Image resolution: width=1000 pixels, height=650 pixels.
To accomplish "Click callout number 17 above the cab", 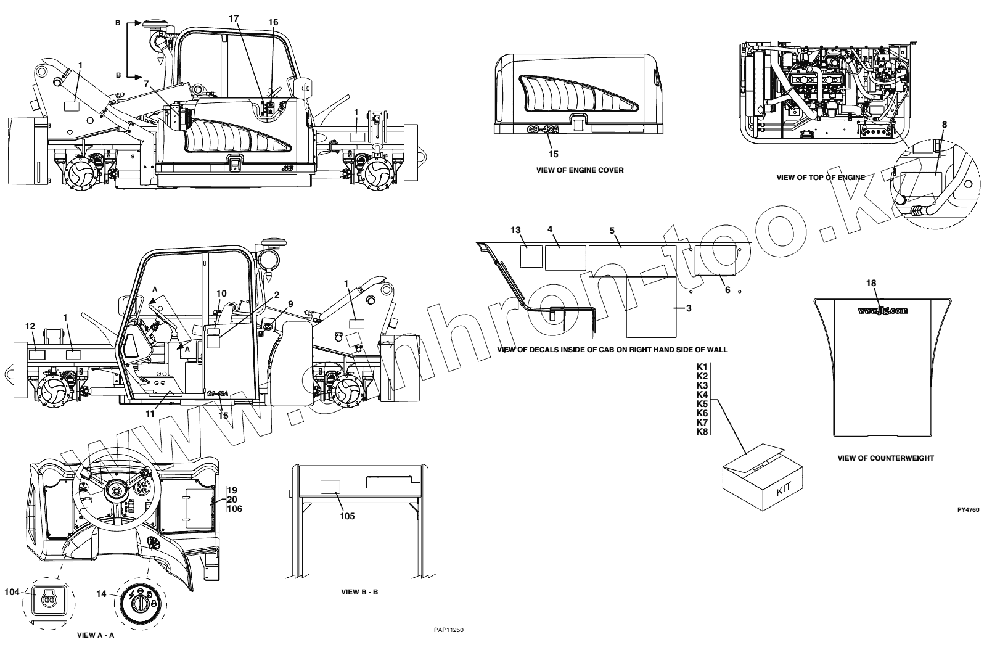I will tap(233, 19).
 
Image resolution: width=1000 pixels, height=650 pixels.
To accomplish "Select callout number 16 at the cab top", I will tap(273, 22).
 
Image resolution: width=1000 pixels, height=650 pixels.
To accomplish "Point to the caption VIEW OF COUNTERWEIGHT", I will tap(885, 458).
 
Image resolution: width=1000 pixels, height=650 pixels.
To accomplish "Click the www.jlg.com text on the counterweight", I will tap(882, 310).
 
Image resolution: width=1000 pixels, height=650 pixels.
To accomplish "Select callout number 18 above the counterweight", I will tap(871, 283).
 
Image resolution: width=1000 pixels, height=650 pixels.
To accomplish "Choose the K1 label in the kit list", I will tap(702, 367).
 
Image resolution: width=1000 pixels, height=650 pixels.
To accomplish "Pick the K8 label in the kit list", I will tap(702, 432).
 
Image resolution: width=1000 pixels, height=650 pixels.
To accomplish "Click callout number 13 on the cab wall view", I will tap(516, 230).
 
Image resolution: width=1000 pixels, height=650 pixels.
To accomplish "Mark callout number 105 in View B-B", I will tap(347, 516).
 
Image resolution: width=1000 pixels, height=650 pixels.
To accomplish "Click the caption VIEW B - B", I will tap(359, 592).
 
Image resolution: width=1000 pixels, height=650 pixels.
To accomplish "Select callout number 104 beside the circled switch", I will tap(12, 591).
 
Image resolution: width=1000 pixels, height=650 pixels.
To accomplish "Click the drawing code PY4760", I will tap(968, 510).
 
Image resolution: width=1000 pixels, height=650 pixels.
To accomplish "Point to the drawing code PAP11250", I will tap(448, 630).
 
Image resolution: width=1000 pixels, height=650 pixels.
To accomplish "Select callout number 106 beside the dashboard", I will tap(234, 509).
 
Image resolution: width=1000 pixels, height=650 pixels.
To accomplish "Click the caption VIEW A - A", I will tap(95, 634).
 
